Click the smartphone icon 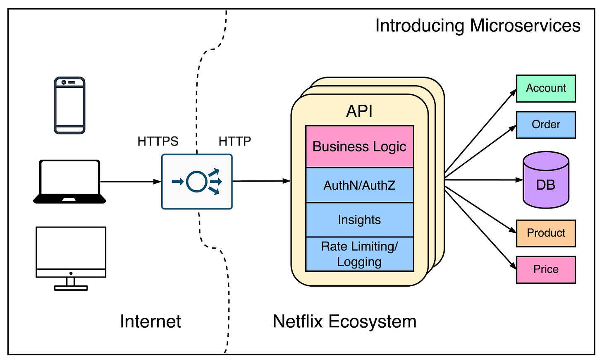(69, 105)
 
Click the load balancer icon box (197, 182)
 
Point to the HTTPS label (158, 141)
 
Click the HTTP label (234, 141)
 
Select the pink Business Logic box (359, 146)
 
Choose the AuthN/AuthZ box (359, 185)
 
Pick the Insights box (359, 220)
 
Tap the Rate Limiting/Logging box (359, 254)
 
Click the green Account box (546, 88)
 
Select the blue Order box (546, 125)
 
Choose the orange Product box (546, 233)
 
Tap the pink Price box (546, 269)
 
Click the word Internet (150, 321)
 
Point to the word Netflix (298, 321)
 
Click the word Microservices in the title (525, 26)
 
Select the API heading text (359, 111)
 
